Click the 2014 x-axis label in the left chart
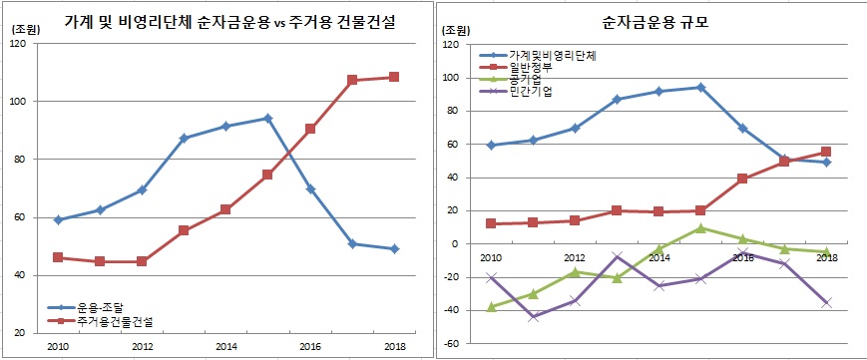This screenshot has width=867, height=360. pos(225,346)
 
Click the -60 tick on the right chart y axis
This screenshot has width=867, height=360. pos(451,343)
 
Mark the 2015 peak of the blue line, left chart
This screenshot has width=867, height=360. pos(268,118)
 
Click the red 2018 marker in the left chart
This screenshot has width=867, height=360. pos(394,77)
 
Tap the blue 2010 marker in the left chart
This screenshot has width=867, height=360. pos(58,219)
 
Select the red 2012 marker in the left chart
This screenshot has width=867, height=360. pos(142,261)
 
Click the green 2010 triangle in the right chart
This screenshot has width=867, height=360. pos(490,307)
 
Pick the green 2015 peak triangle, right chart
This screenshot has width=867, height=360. pos(701,228)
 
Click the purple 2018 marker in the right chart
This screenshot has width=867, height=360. pos(827,302)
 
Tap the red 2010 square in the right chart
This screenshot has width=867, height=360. pos(490,223)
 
